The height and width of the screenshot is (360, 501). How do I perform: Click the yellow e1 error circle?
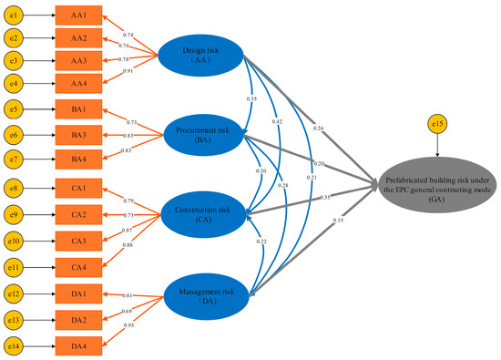click(x=15, y=16)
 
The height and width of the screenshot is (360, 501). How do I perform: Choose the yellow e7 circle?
click(x=15, y=159)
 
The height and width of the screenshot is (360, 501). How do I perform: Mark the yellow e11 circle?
click(x=15, y=268)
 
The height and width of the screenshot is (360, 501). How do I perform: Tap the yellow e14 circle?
click(x=15, y=346)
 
